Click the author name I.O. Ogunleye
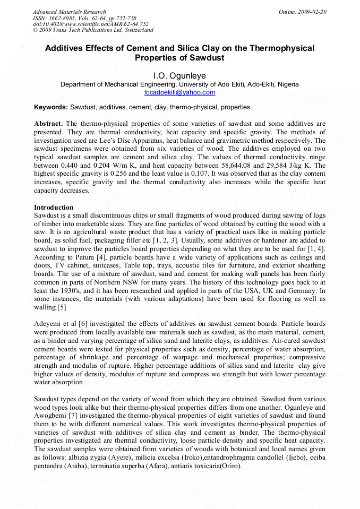click(x=179, y=76)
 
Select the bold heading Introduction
click(x=54, y=207)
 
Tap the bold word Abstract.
click(x=48, y=123)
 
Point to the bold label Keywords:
click(x=51, y=107)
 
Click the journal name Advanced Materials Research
click(x=69, y=12)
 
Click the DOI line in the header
click(x=90, y=24)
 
